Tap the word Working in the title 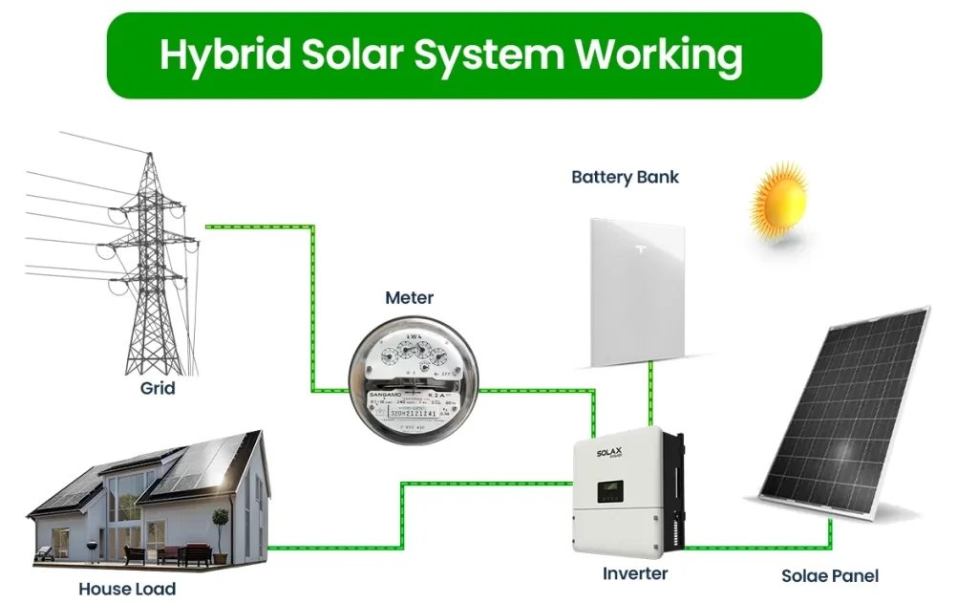click(658, 55)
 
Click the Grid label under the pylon click(158, 389)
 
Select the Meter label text click(409, 298)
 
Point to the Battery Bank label click(625, 177)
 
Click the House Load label click(127, 589)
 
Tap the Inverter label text click(634, 573)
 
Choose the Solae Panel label click(830, 575)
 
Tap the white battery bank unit click(637, 291)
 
